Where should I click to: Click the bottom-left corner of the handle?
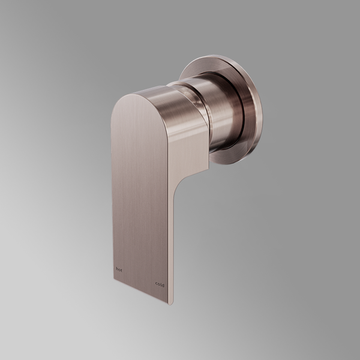(113, 277)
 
